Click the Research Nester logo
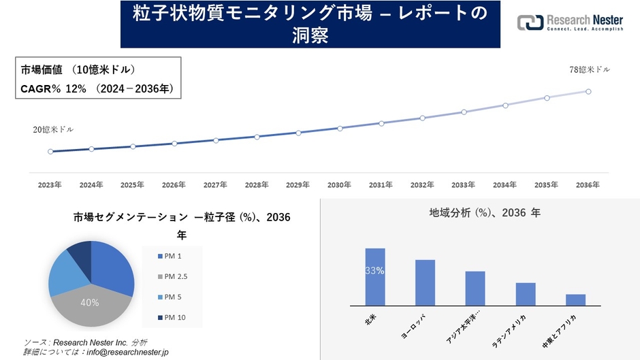pos(570,23)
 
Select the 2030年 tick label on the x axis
pos(339,184)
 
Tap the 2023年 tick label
pos(50,184)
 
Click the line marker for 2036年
pos(588,91)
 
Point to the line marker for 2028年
pos(257,137)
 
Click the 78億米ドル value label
pos(589,69)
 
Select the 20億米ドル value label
pos(53,129)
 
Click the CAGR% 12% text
pos(53,88)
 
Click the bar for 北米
pos(375,277)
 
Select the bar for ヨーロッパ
pos(425,282)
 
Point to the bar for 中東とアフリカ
pos(575,299)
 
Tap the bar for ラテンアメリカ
pos(526,294)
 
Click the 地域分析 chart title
pos(485,213)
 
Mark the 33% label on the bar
pos(375,270)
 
